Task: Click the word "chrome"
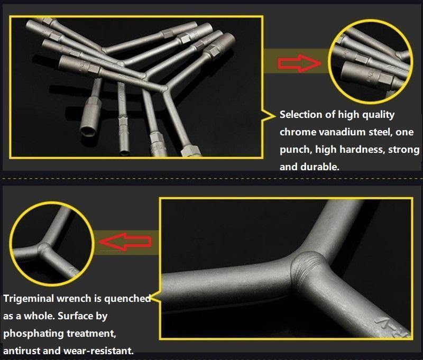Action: coord(298,132)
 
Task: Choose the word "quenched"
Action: coord(128,298)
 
